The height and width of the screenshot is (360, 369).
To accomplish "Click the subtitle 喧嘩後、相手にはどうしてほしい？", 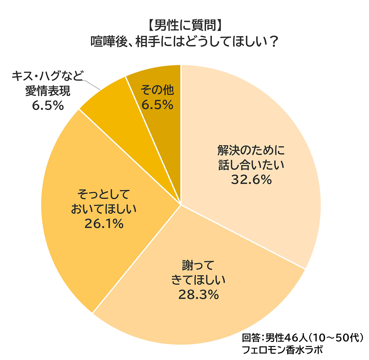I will [x=184, y=42].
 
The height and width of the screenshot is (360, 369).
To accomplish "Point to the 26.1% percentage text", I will [x=104, y=224].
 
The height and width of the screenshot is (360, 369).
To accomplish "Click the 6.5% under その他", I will [x=157, y=105].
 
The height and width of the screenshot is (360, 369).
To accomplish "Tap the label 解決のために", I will [x=252, y=150].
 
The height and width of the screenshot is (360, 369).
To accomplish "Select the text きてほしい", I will [x=198, y=280].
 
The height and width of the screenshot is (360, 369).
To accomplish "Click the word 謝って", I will [x=198, y=266].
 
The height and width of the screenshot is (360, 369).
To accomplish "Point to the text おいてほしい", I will [x=104, y=209].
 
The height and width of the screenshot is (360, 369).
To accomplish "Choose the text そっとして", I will [x=104, y=195].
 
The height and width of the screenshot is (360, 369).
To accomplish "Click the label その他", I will [x=157, y=90].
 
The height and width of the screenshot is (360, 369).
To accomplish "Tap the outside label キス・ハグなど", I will [x=48, y=76].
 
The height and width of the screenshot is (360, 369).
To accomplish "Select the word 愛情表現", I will [x=48, y=91].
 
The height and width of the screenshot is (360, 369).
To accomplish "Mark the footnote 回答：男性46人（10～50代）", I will [x=303, y=338].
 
